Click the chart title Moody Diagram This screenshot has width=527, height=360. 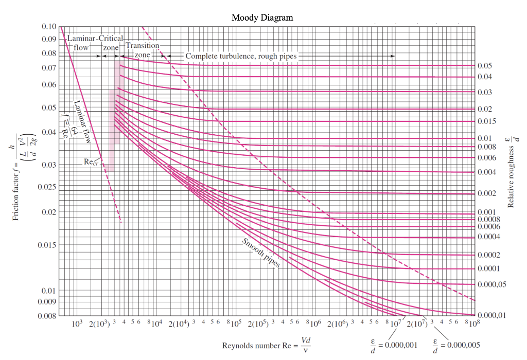262,17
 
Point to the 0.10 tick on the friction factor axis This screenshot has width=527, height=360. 49,27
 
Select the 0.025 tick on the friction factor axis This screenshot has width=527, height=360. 46,186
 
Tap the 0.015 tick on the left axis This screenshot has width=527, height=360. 46,245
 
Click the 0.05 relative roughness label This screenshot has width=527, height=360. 485,66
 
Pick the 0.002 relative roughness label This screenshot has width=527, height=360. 486,193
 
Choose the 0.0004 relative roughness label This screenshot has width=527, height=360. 488,237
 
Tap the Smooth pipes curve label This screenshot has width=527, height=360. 260,252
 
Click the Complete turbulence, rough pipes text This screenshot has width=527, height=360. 241,56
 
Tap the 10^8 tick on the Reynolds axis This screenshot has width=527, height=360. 472,325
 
